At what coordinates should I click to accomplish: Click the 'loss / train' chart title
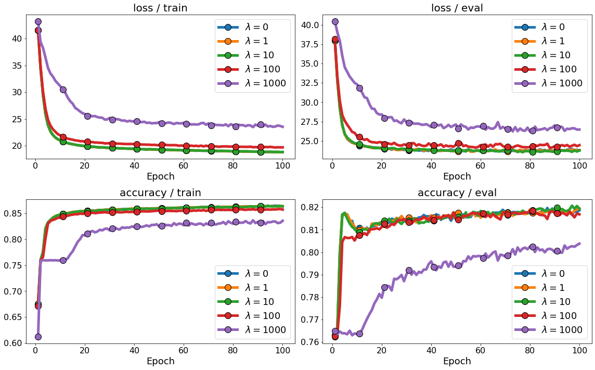click(x=160, y=8)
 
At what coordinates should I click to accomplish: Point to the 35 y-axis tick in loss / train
click(x=16, y=66)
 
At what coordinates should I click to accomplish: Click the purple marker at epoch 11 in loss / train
click(x=63, y=90)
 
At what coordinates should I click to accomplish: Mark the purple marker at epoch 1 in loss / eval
click(x=335, y=21)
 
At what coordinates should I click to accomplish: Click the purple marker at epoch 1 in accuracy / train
click(x=38, y=337)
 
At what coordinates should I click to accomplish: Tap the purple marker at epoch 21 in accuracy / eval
click(x=384, y=287)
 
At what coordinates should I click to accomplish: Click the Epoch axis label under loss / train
click(x=160, y=176)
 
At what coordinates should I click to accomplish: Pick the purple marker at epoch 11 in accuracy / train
click(x=63, y=260)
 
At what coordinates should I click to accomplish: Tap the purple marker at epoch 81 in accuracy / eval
click(x=533, y=247)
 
